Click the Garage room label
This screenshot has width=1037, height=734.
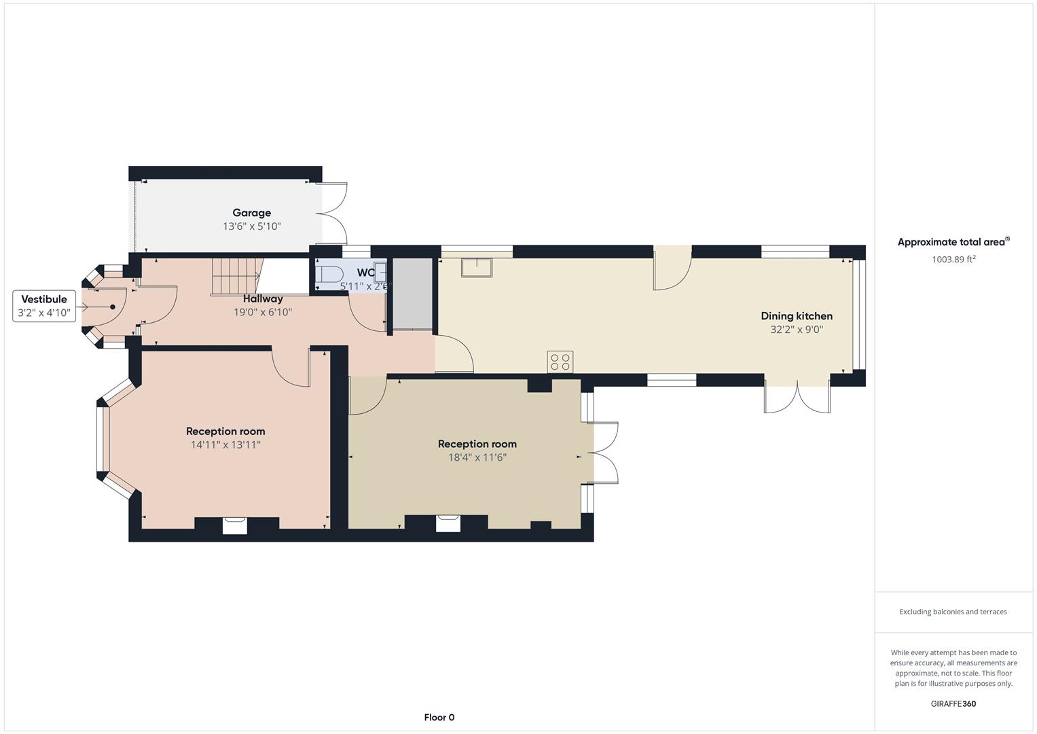251,213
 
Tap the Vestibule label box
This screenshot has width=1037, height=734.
44,306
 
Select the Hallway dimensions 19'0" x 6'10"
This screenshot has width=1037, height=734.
263,313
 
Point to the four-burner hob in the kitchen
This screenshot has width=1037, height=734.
560,362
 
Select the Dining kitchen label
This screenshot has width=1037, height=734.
796,316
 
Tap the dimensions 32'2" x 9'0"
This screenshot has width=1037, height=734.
796,330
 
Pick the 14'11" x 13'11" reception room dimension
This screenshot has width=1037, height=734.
225,445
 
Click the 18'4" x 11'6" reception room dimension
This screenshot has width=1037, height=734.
477,457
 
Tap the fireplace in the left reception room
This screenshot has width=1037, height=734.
235,525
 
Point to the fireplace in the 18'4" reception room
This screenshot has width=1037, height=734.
448,523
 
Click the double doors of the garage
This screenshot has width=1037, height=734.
334,213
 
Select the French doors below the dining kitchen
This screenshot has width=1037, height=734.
797,398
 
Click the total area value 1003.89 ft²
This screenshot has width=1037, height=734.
953,259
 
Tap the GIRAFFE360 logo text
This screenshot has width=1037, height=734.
953,703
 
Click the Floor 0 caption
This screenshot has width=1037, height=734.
439,717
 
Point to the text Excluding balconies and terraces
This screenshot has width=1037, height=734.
953,612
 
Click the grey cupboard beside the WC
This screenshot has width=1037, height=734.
413,294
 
